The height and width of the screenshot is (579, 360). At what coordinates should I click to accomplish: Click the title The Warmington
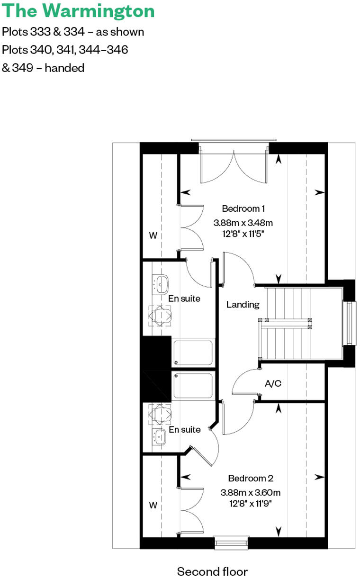click(x=78, y=11)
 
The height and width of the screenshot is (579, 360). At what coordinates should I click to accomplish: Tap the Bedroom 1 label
click(x=243, y=208)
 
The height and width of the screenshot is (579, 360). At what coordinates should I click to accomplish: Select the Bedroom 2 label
click(x=250, y=479)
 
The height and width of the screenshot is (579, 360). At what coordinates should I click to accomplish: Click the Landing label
click(x=243, y=305)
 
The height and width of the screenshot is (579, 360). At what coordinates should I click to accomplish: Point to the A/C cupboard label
click(x=273, y=383)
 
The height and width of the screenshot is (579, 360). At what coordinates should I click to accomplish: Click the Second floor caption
click(x=212, y=571)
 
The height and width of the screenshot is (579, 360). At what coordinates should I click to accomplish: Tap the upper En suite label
click(x=184, y=299)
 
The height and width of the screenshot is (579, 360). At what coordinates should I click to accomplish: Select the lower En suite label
click(x=185, y=430)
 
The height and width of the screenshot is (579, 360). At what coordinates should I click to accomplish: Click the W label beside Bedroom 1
click(x=153, y=235)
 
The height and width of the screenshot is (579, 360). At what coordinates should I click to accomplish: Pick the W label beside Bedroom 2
click(x=153, y=506)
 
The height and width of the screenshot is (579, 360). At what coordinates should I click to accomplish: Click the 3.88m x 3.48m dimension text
click(x=243, y=222)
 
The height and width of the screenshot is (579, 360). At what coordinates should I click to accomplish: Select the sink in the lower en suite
click(x=160, y=437)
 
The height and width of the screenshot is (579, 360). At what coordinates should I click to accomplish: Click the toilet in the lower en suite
click(x=160, y=413)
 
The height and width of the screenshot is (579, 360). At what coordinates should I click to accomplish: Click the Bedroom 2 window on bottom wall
click(x=231, y=543)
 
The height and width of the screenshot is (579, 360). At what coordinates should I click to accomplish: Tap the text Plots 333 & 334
click(x=43, y=32)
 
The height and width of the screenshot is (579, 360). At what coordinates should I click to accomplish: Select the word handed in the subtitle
click(x=64, y=68)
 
